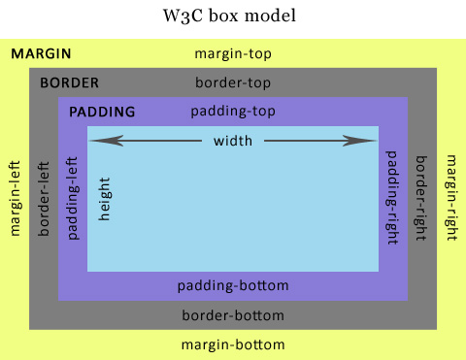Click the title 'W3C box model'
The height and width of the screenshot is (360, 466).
coord(233,16)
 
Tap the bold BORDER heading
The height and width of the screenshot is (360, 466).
coord(69,82)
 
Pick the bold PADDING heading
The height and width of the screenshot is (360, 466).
coord(102,112)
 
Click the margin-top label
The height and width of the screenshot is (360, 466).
coord(233,53)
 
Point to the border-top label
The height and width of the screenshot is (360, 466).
coord(233,82)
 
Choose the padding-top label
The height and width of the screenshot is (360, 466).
coord(233,112)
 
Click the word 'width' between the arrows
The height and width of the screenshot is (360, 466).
coord(233,142)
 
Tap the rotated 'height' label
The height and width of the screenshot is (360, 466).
coord(105,199)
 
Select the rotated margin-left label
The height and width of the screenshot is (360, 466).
coord(15,199)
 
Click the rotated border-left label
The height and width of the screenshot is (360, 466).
coord(44,199)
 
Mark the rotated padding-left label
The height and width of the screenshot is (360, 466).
coord(73,199)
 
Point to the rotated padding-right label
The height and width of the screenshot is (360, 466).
coord(392,199)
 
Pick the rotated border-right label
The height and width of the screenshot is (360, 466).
coord(421,199)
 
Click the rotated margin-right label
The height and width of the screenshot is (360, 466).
coord(450,199)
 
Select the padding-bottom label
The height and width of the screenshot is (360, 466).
coord(233,286)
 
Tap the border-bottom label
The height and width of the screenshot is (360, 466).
coord(233,315)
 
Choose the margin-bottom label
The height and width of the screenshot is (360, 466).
coord(233,344)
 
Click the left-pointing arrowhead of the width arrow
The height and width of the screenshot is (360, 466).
coord(97,142)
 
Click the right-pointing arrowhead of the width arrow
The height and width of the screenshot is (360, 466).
coord(369,142)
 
